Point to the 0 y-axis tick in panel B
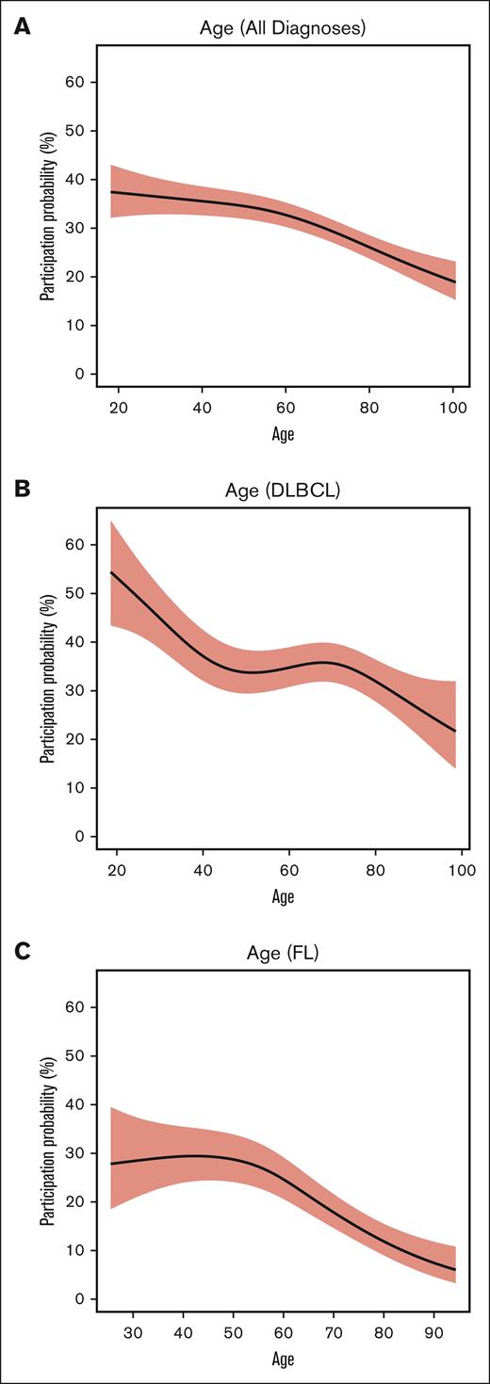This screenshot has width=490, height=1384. pyautogui.click(x=80, y=836)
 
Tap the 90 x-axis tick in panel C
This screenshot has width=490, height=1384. pyautogui.click(x=441, y=1333)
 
